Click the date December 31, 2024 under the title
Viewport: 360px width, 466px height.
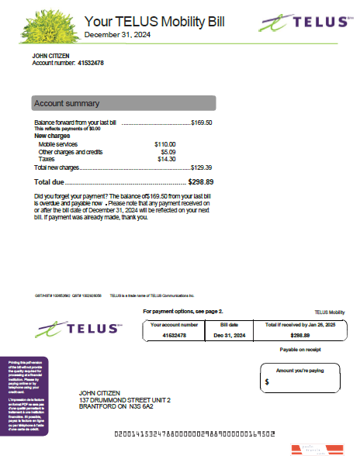tap(117, 35)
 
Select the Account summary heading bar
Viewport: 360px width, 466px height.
tap(123, 103)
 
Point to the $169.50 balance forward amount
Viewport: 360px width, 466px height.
tap(202, 123)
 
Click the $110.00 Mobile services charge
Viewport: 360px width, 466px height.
tap(165, 144)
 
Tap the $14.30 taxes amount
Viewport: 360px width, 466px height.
tap(167, 159)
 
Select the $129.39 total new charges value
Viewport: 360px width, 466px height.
tap(202, 167)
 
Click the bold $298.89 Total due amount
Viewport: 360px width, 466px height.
tap(201, 181)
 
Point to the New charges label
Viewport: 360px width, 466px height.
tap(53, 136)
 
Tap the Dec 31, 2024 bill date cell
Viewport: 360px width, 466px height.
tap(230, 335)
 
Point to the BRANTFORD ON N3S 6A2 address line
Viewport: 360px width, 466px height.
tap(116, 406)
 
